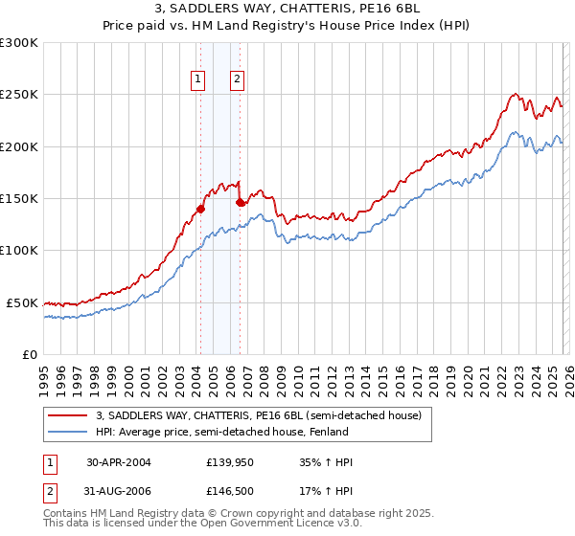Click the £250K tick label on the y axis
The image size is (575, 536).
[x=19, y=95]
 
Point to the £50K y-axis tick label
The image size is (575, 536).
[x=22, y=302]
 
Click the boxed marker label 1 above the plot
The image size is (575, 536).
[x=198, y=80]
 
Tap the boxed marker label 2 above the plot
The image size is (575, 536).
[x=237, y=80]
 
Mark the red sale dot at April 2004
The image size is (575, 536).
[x=200, y=209]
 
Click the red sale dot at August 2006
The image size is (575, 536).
[x=240, y=202]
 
